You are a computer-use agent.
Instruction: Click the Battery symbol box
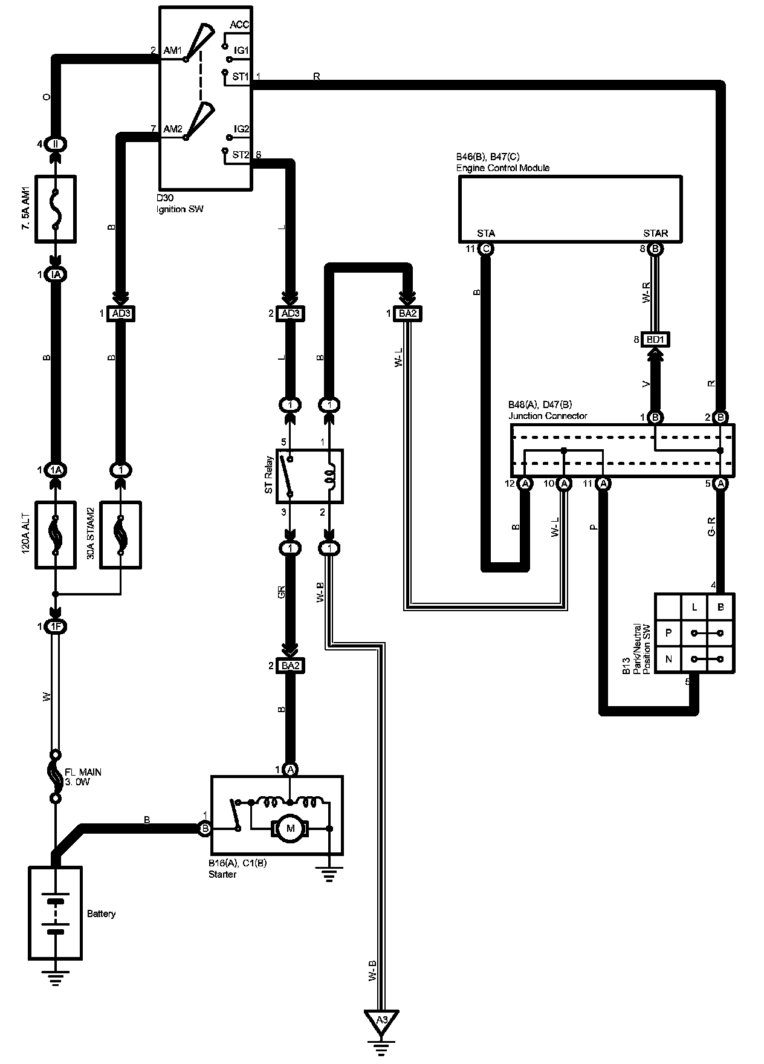pos(55,913)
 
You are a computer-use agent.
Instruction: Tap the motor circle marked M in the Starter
pos(291,828)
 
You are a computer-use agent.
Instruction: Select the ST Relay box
pos(309,476)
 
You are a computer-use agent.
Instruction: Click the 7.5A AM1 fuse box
pos(56,209)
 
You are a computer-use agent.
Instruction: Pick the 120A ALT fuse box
pos(56,534)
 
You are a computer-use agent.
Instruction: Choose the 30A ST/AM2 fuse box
pos(121,534)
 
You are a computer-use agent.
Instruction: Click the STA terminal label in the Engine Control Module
pos(486,233)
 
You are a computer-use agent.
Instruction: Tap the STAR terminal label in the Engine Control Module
pos(655,233)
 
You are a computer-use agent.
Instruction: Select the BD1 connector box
pos(655,340)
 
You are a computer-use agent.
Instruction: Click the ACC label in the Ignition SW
pos(240,25)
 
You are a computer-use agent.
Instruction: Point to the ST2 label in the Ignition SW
pos(240,155)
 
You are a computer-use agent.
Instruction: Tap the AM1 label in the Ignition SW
pos(172,51)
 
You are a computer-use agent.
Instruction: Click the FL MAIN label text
pos(83,772)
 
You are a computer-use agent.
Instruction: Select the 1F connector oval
pos(56,627)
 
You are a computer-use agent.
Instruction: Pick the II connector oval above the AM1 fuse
pos(56,144)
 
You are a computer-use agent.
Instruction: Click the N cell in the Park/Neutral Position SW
pos(668,659)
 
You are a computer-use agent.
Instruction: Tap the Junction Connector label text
pos(548,415)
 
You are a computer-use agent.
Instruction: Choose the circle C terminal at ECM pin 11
pos(485,248)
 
